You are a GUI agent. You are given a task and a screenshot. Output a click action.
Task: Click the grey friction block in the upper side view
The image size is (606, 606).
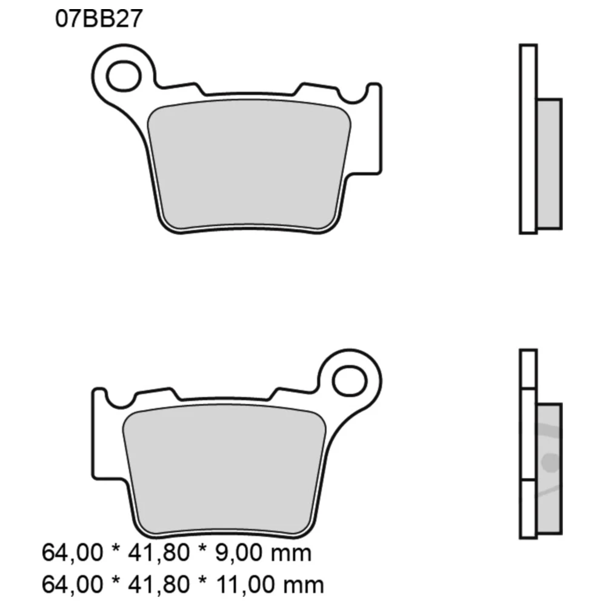point(549,164)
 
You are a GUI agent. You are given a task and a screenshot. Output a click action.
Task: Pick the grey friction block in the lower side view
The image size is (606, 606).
point(549,470)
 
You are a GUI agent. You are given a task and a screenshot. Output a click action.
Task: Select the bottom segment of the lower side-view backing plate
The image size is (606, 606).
point(528,509)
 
